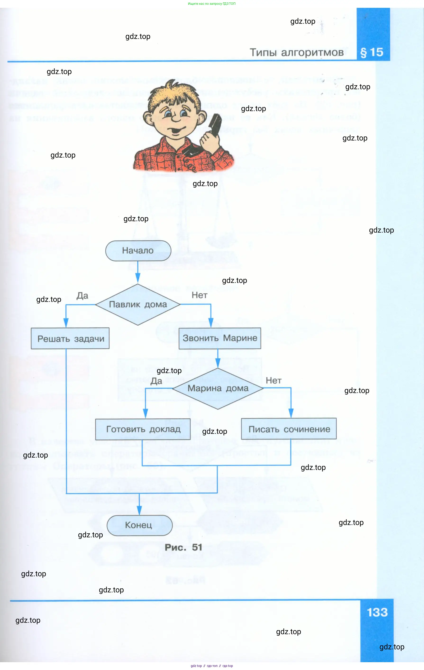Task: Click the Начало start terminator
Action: click(x=138, y=250)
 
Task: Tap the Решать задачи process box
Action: click(x=70, y=338)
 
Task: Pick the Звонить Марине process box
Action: click(x=220, y=338)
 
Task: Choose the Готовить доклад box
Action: click(x=143, y=429)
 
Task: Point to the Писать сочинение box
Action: click(x=289, y=429)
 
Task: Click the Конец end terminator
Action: click(x=140, y=525)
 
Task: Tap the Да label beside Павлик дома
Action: click(x=82, y=295)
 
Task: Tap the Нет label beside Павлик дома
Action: click(x=199, y=295)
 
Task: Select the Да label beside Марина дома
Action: click(x=156, y=381)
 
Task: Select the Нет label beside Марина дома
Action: click(x=274, y=380)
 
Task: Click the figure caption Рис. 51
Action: click(x=183, y=547)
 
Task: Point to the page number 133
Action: click(x=377, y=612)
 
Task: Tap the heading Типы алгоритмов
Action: click(x=296, y=52)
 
